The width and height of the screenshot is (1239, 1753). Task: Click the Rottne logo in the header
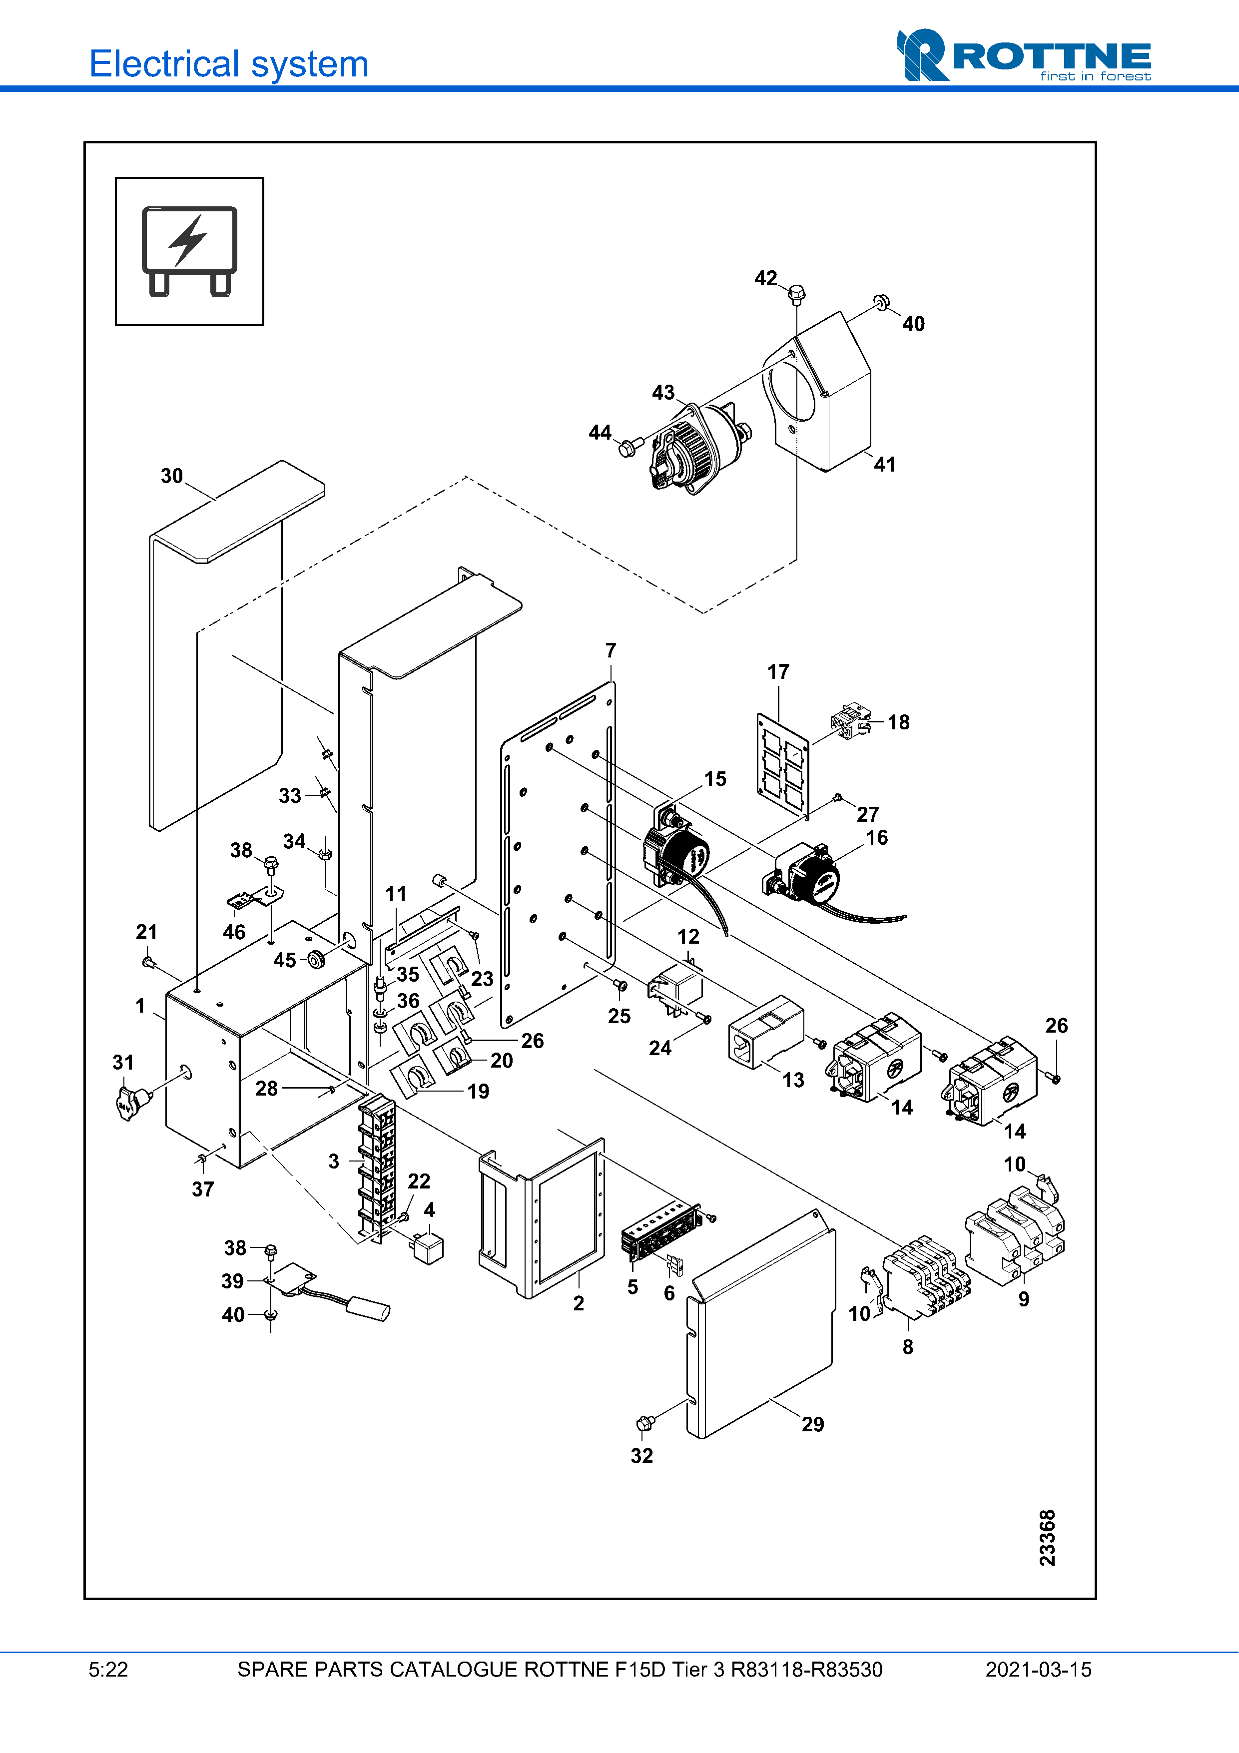tap(1023, 56)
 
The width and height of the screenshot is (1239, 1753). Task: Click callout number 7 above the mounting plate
tap(611, 650)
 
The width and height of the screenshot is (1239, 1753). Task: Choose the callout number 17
tap(778, 672)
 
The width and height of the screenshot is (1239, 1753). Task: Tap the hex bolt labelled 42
tap(796, 292)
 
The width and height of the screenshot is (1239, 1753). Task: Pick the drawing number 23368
tap(1047, 1537)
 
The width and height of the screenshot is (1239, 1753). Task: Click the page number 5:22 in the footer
tap(108, 1670)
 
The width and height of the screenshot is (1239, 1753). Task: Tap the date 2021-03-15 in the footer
tap(1038, 1670)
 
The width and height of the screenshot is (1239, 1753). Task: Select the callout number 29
tap(812, 1424)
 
